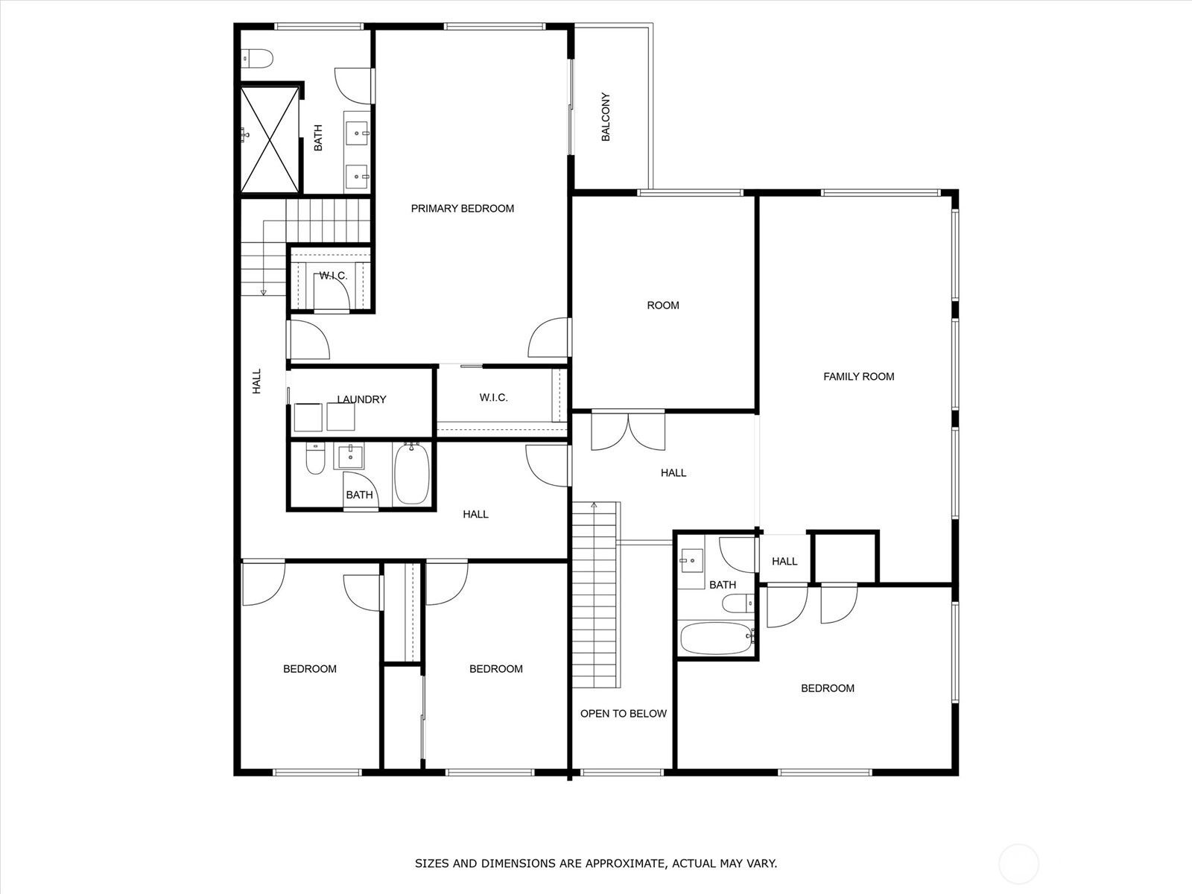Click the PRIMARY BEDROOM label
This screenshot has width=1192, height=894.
click(x=462, y=209)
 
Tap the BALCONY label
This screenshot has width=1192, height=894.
click(x=606, y=117)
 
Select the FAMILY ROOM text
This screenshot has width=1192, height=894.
click(x=858, y=376)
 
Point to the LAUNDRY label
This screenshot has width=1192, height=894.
click(x=361, y=399)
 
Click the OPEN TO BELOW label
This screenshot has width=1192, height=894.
click(x=624, y=713)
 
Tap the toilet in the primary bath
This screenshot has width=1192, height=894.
click(x=256, y=58)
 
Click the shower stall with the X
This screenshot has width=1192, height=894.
click(x=270, y=139)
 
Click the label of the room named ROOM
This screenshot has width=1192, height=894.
click(x=663, y=305)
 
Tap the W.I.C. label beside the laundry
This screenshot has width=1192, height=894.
click(x=494, y=398)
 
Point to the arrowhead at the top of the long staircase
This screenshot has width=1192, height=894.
click(x=594, y=505)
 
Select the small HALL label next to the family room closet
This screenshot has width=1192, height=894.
click(x=784, y=561)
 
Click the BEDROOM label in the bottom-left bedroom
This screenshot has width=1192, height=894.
click(x=309, y=669)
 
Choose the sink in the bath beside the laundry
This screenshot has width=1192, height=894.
click(x=350, y=456)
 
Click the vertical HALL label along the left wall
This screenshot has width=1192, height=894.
click(x=257, y=381)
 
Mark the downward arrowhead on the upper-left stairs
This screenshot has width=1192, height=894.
click(x=264, y=293)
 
